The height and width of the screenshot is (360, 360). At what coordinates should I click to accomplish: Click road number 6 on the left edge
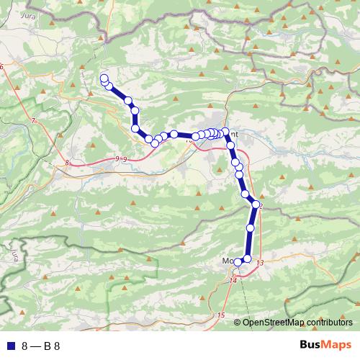point(2,67)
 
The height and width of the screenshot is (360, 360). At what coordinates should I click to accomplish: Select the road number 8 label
point(67,163)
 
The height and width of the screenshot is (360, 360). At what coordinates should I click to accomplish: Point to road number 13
point(259,263)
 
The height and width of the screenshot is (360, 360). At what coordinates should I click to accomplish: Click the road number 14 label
point(233,280)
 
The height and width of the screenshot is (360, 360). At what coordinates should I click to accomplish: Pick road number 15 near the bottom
point(220,316)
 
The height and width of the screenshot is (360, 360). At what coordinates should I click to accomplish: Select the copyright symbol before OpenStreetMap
point(237,322)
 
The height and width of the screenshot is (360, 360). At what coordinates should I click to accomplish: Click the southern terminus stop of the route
point(238,263)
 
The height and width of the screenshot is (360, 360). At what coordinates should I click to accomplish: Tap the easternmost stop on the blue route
point(256,204)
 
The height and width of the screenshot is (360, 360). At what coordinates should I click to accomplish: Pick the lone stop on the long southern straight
point(251,228)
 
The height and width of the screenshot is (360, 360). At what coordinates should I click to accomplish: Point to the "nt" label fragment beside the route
point(234,133)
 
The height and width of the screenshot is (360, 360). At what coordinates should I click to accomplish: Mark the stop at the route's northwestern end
point(104,78)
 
